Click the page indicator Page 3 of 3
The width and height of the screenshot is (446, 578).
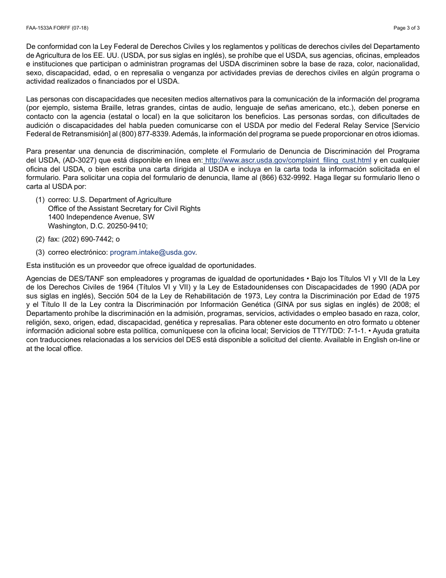(x=407, y=28)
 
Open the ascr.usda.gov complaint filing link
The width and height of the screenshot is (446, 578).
(x=288, y=161)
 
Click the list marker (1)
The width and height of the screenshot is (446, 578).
(x=40, y=200)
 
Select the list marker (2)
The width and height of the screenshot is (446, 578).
(x=40, y=239)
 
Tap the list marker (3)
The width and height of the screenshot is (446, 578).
(x=40, y=252)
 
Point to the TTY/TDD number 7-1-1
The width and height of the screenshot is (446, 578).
(x=356, y=331)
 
